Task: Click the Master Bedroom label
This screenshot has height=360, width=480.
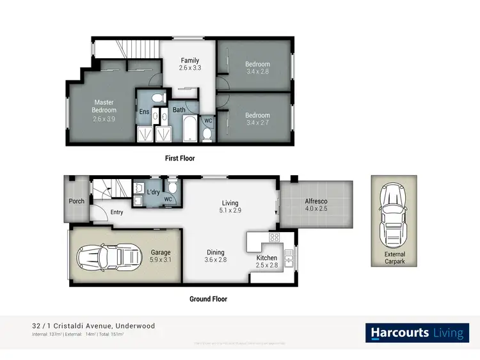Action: pos(104,106)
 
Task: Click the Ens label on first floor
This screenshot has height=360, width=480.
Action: pos(144,112)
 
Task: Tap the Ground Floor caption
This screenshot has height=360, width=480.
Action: pos(208,299)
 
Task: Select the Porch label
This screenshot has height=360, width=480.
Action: pos(77,201)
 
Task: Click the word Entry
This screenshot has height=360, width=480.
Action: pos(116,212)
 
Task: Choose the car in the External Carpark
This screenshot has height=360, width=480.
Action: pos(390,215)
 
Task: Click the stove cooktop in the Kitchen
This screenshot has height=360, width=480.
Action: pos(274,238)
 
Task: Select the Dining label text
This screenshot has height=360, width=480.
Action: pos(215,252)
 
